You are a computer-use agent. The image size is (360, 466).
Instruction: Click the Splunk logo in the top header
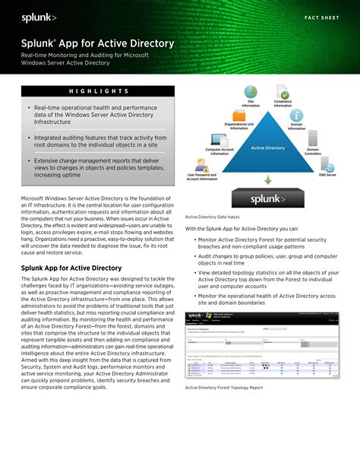[x=39, y=16]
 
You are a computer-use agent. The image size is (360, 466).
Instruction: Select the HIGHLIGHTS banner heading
[x=97, y=91]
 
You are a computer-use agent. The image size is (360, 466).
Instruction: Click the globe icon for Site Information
[x=251, y=92]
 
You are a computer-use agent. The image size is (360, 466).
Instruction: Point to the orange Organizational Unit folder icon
[x=238, y=116]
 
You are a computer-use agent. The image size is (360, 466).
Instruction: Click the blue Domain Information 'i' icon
[x=296, y=116]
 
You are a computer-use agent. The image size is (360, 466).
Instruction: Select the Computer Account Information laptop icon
[x=219, y=140]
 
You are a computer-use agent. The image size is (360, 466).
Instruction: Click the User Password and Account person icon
[x=202, y=165]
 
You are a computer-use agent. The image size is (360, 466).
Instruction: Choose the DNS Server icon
[x=328, y=163]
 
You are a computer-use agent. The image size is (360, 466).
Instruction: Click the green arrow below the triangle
[x=267, y=180]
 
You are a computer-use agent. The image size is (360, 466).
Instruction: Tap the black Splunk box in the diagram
[x=267, y=199]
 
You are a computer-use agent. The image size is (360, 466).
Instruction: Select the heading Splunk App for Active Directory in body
[x=71, y=268]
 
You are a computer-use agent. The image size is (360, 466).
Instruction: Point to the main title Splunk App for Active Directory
[x=97, y=43]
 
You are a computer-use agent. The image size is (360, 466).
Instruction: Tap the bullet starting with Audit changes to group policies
[x=257, y=261]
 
